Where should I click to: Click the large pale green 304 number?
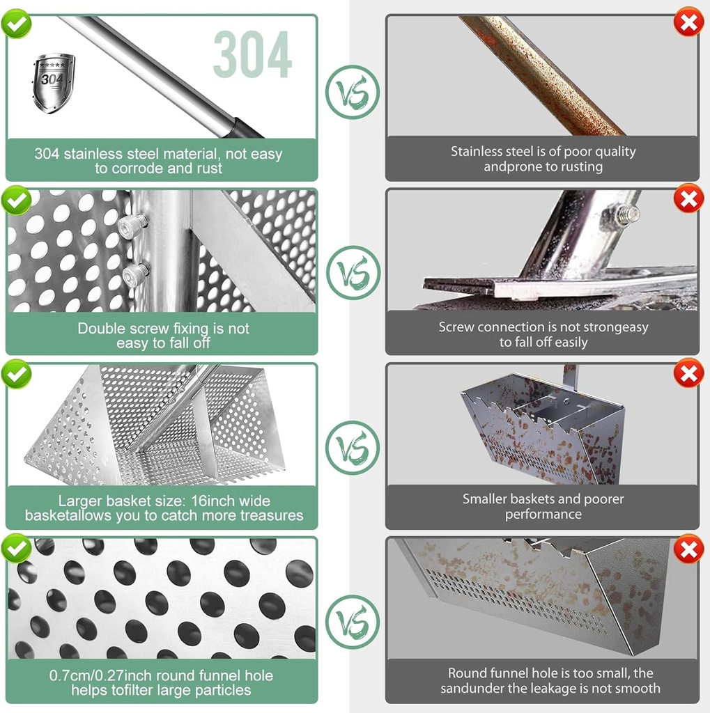(x=253, y=54)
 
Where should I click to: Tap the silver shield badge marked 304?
(x=53, y=83)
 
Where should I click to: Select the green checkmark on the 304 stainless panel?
(x=17, y=24)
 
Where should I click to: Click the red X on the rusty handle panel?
(x=688, y=22)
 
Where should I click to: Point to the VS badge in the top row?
(x=353, y=93)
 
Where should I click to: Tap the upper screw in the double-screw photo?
(x=132, y=226)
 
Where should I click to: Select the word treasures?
(x=272, y=515)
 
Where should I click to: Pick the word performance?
(x=543, y=515)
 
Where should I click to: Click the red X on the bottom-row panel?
(x=688, y=548)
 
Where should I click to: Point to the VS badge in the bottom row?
(x=353, y=622)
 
